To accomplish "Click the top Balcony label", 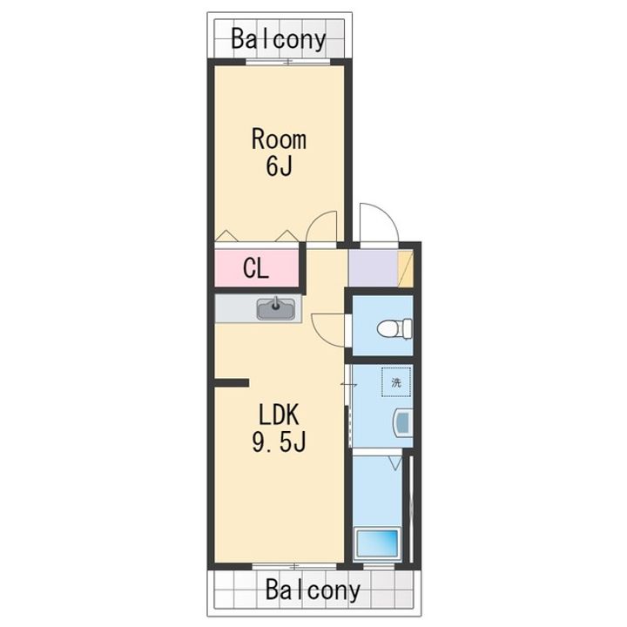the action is pos(279,39).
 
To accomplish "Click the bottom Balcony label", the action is pos(313,590).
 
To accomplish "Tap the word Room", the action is pos(279,139).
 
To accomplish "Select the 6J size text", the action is pos(279,166).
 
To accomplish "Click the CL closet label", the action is pos(256,269).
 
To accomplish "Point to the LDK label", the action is pos(279,415).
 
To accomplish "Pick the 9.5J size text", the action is pos(279,442).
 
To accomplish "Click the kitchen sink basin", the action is pos(276,309).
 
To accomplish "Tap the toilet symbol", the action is pos(394,328).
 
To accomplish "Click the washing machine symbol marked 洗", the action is pos(396,382).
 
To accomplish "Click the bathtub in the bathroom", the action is pos(377,543).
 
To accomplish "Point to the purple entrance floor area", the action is pos(373,268).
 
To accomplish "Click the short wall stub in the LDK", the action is pos(232,382).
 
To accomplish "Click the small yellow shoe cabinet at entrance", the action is pos(406,268).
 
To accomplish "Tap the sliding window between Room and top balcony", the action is pos(288,62).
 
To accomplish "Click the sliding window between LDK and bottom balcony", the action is pos(294,566).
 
